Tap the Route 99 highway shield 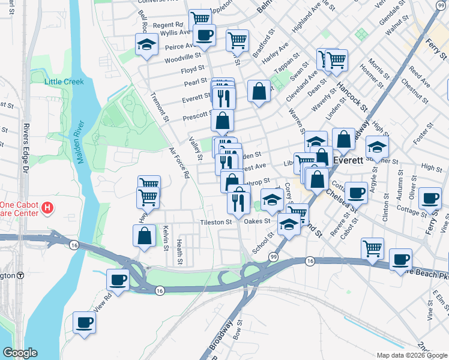pos(273,257)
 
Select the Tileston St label pos(216,222)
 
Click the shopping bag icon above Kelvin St pos(145,235)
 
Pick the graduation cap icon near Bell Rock pos(146,44)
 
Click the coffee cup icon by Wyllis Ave pos(204,35)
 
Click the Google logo pos(20,353)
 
